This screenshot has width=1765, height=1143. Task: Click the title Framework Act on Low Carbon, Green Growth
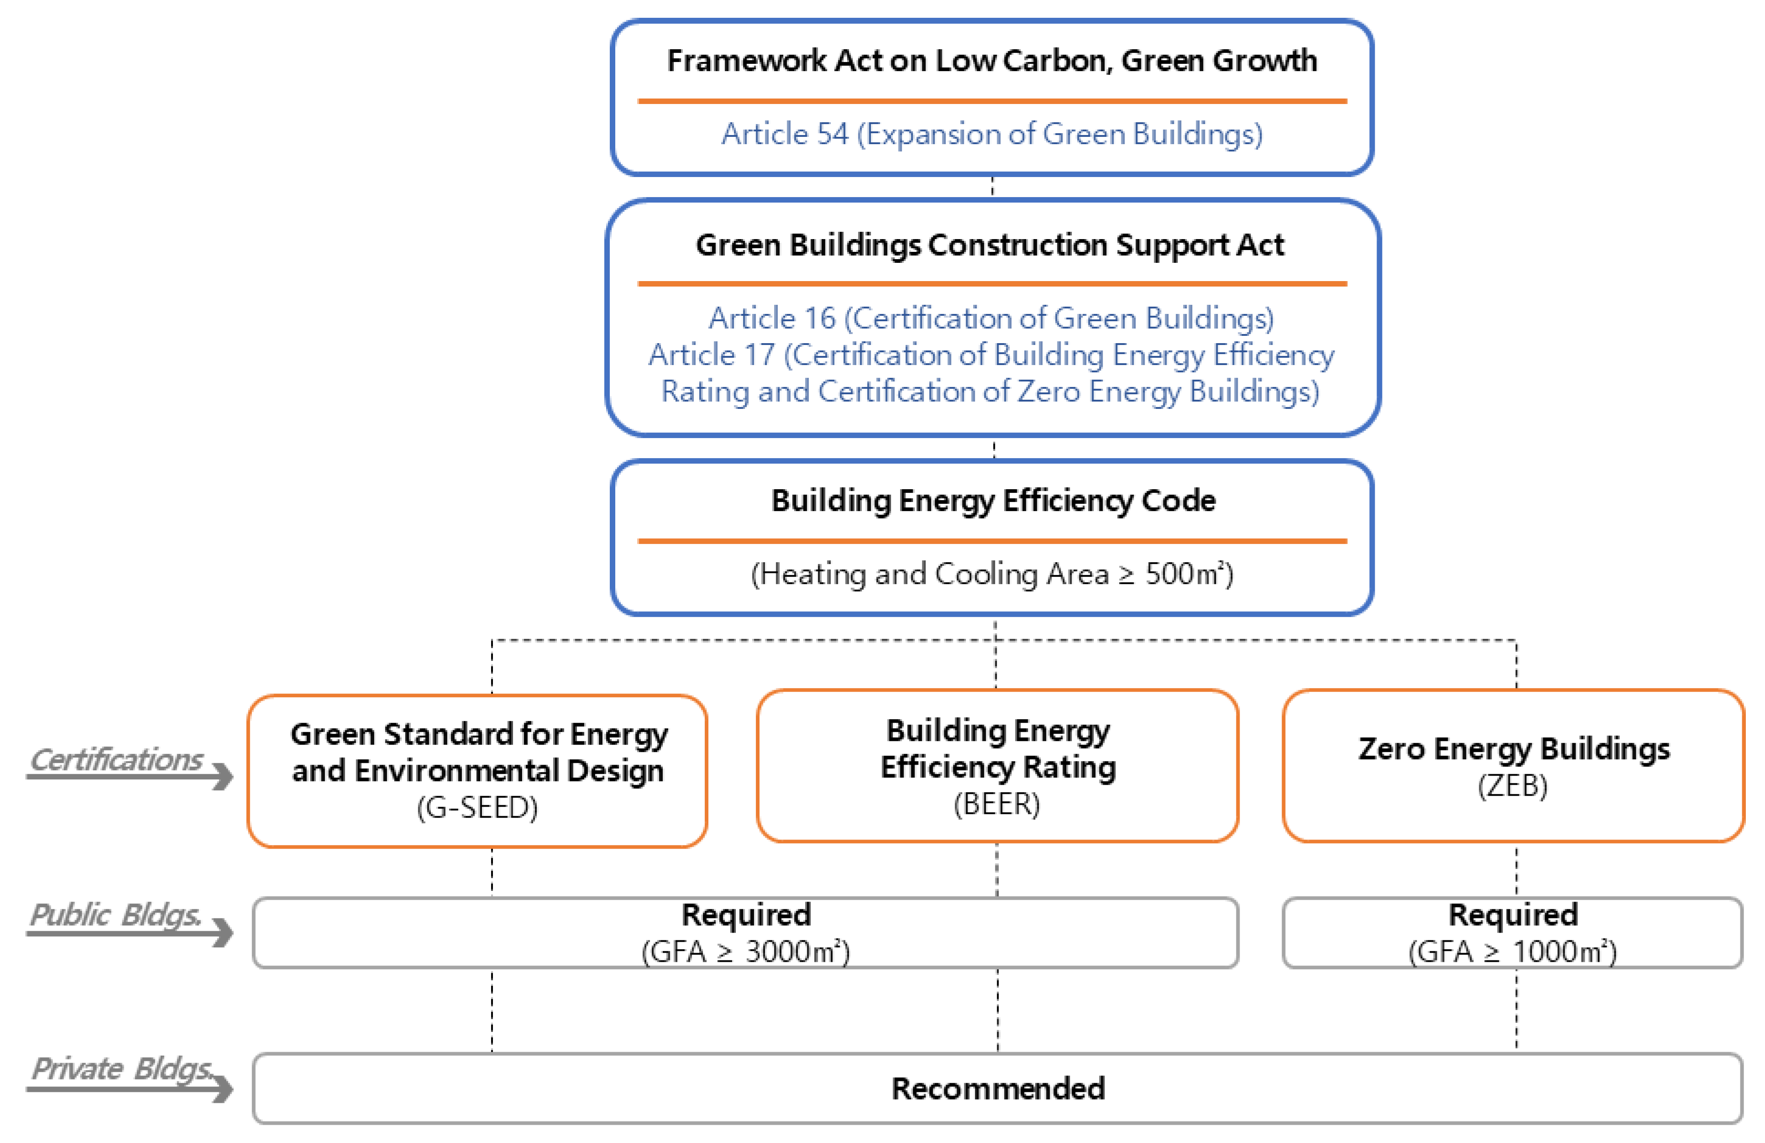click(x=991, y=61)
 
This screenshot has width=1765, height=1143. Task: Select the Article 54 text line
click(x=991, y=134)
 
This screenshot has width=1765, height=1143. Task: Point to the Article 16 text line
click(x=991, y=318)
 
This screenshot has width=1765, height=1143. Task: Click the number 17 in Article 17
click(x=759, y=355)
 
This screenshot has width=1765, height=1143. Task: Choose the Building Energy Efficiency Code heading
click(x=993, y=501)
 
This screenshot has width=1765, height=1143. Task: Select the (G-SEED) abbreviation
click(x=477, y=807)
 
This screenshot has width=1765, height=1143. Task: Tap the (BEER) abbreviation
click(x=997, y=804)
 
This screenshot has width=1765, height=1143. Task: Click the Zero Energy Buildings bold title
click(x=1514, y=749)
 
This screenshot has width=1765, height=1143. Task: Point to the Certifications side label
click(x=116, y=760)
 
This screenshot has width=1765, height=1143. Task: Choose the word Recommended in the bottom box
click(x=997, y=1089)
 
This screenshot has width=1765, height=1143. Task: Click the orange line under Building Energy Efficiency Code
click(x=991, y=541)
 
